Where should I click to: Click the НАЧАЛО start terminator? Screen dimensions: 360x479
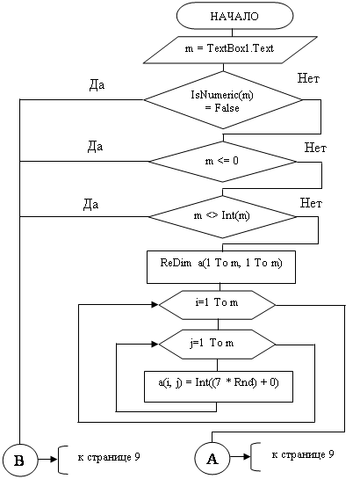tap(234, 16)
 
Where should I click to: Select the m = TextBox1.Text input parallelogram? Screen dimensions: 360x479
tap(230, 50)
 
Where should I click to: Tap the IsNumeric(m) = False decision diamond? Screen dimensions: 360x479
tap(223, 100)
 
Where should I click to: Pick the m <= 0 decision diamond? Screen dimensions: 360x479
tap(222, 162)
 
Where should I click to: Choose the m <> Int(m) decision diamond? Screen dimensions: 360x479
tap(222, 216)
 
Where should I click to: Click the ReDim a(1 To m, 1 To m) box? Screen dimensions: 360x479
tap(221, 267)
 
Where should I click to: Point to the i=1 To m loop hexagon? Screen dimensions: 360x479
tap(217, 305)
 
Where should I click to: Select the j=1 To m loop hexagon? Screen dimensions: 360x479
tap(217, 345)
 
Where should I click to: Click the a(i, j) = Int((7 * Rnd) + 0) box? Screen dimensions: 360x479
tap(219, 387)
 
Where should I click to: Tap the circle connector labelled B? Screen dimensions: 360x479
tap(19, 461)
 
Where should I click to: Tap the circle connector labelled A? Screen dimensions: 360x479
tap(212, 458)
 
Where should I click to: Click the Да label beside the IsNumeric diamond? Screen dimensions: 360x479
tap(97, 85)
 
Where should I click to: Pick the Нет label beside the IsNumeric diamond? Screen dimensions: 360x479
tap(308, 78)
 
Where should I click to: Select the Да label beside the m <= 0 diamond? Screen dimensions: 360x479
tap(95, 146)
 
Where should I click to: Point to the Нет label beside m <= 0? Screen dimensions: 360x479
tap(315, 148)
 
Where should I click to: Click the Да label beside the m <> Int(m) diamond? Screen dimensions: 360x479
tap(90, 204)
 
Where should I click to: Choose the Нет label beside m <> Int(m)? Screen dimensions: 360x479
tap(311, 203)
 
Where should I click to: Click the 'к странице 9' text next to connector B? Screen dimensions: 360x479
tap(109, 457)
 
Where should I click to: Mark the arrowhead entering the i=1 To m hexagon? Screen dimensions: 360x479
tap(155, 304)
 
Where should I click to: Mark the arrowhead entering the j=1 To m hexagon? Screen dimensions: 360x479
tap(155, 344)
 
